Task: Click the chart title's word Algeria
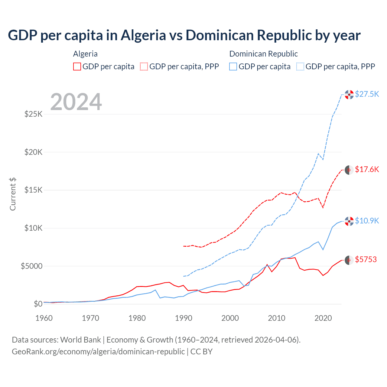click(x=143, y=35)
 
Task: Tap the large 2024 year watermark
click(x=76, y=102)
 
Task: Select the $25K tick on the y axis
click(x=34, y=114)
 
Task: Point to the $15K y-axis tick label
click(x=34, y=190)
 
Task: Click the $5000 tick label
click(x=32, y=266)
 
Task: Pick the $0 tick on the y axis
click(x=38, y=304)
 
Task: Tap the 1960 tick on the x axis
click(x=44, y=318)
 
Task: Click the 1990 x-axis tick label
click(x=184, y=318)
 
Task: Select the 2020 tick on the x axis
click(x=323, y=318)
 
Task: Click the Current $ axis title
click(x=13, y=194)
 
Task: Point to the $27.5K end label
click(x=367, y=94)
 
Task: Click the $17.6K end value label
click(x=367, y=169)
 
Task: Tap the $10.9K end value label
click(x=367, y=221)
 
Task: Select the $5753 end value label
click(x=366, y=259)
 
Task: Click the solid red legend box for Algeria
click(x=77, y=67)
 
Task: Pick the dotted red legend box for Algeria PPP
click(x=144, y=67)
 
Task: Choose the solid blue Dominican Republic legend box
click(x=233, y=67)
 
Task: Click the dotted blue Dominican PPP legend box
click(x=300, y=67)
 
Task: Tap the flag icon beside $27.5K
click(x=349, y=95)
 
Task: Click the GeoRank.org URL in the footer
click(x=98, y=352)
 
